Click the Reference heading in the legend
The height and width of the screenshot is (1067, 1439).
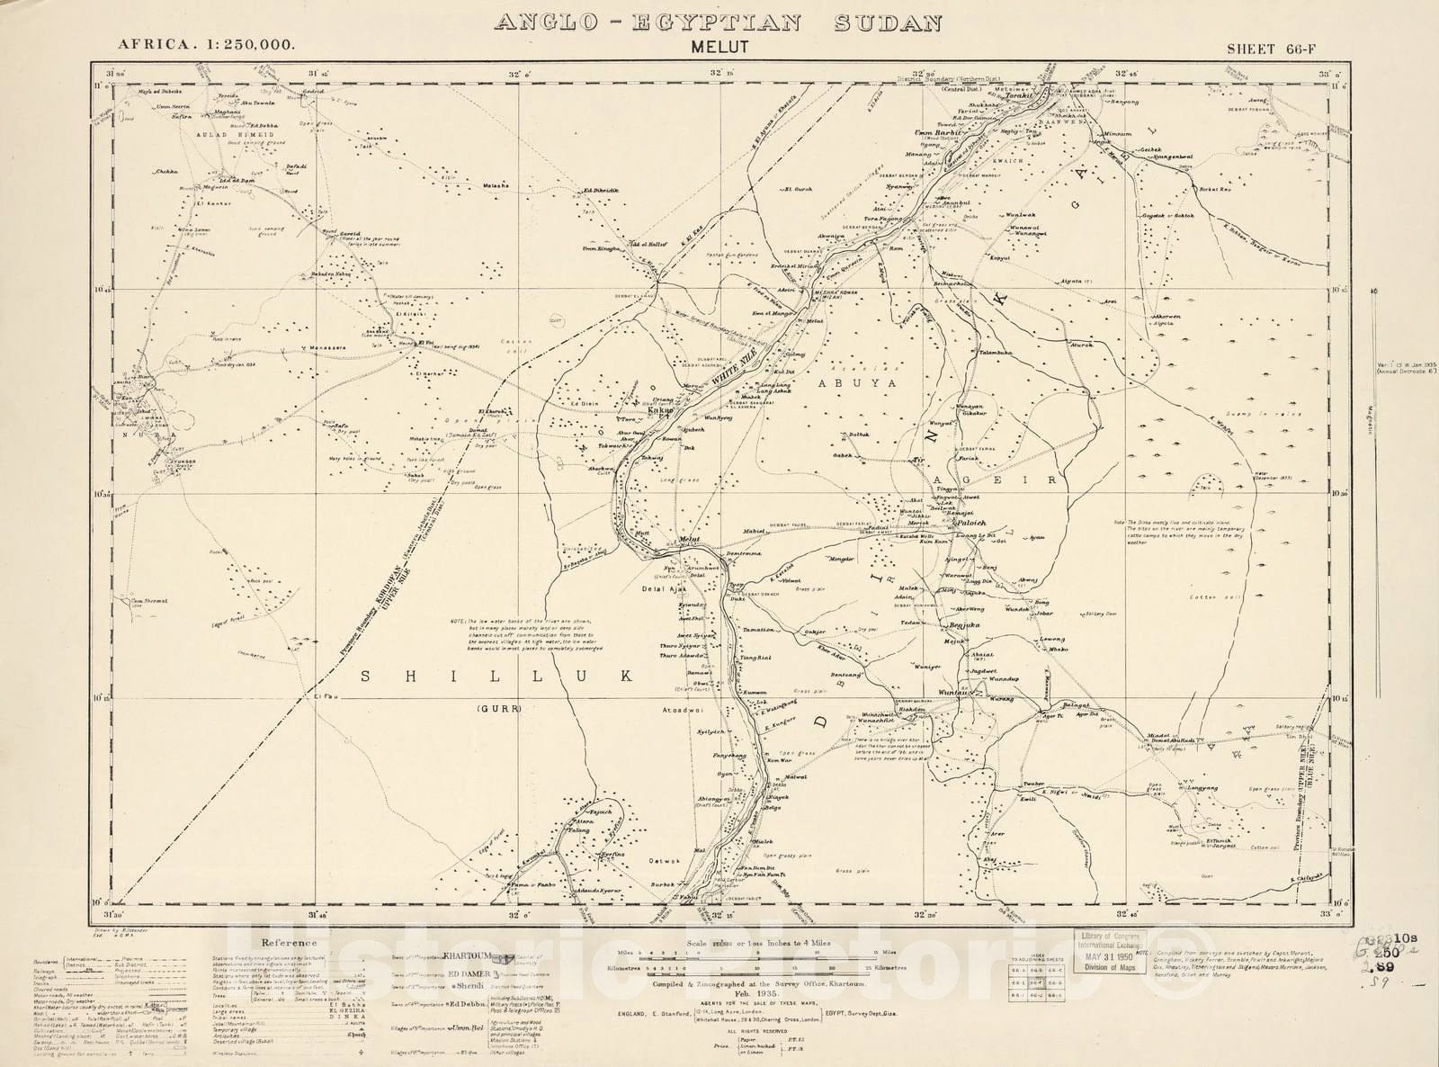pos(288,943)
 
